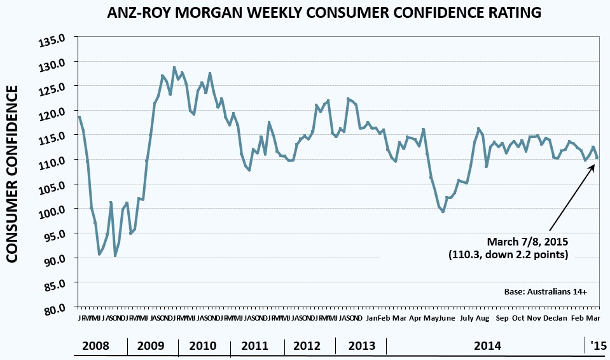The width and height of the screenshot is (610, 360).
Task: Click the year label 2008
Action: click(x=96, y=346)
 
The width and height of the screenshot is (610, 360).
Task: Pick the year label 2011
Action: click(x=254, y=346)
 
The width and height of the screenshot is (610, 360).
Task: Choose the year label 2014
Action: click(x=487, y=346)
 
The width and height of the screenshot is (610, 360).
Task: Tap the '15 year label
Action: click(x=598, y=346)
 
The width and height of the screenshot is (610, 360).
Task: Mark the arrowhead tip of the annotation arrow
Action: click(x=595, y=163)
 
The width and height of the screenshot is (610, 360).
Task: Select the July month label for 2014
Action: click(x=466, y=318)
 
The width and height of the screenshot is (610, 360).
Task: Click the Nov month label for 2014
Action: click(x=534, y=318)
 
